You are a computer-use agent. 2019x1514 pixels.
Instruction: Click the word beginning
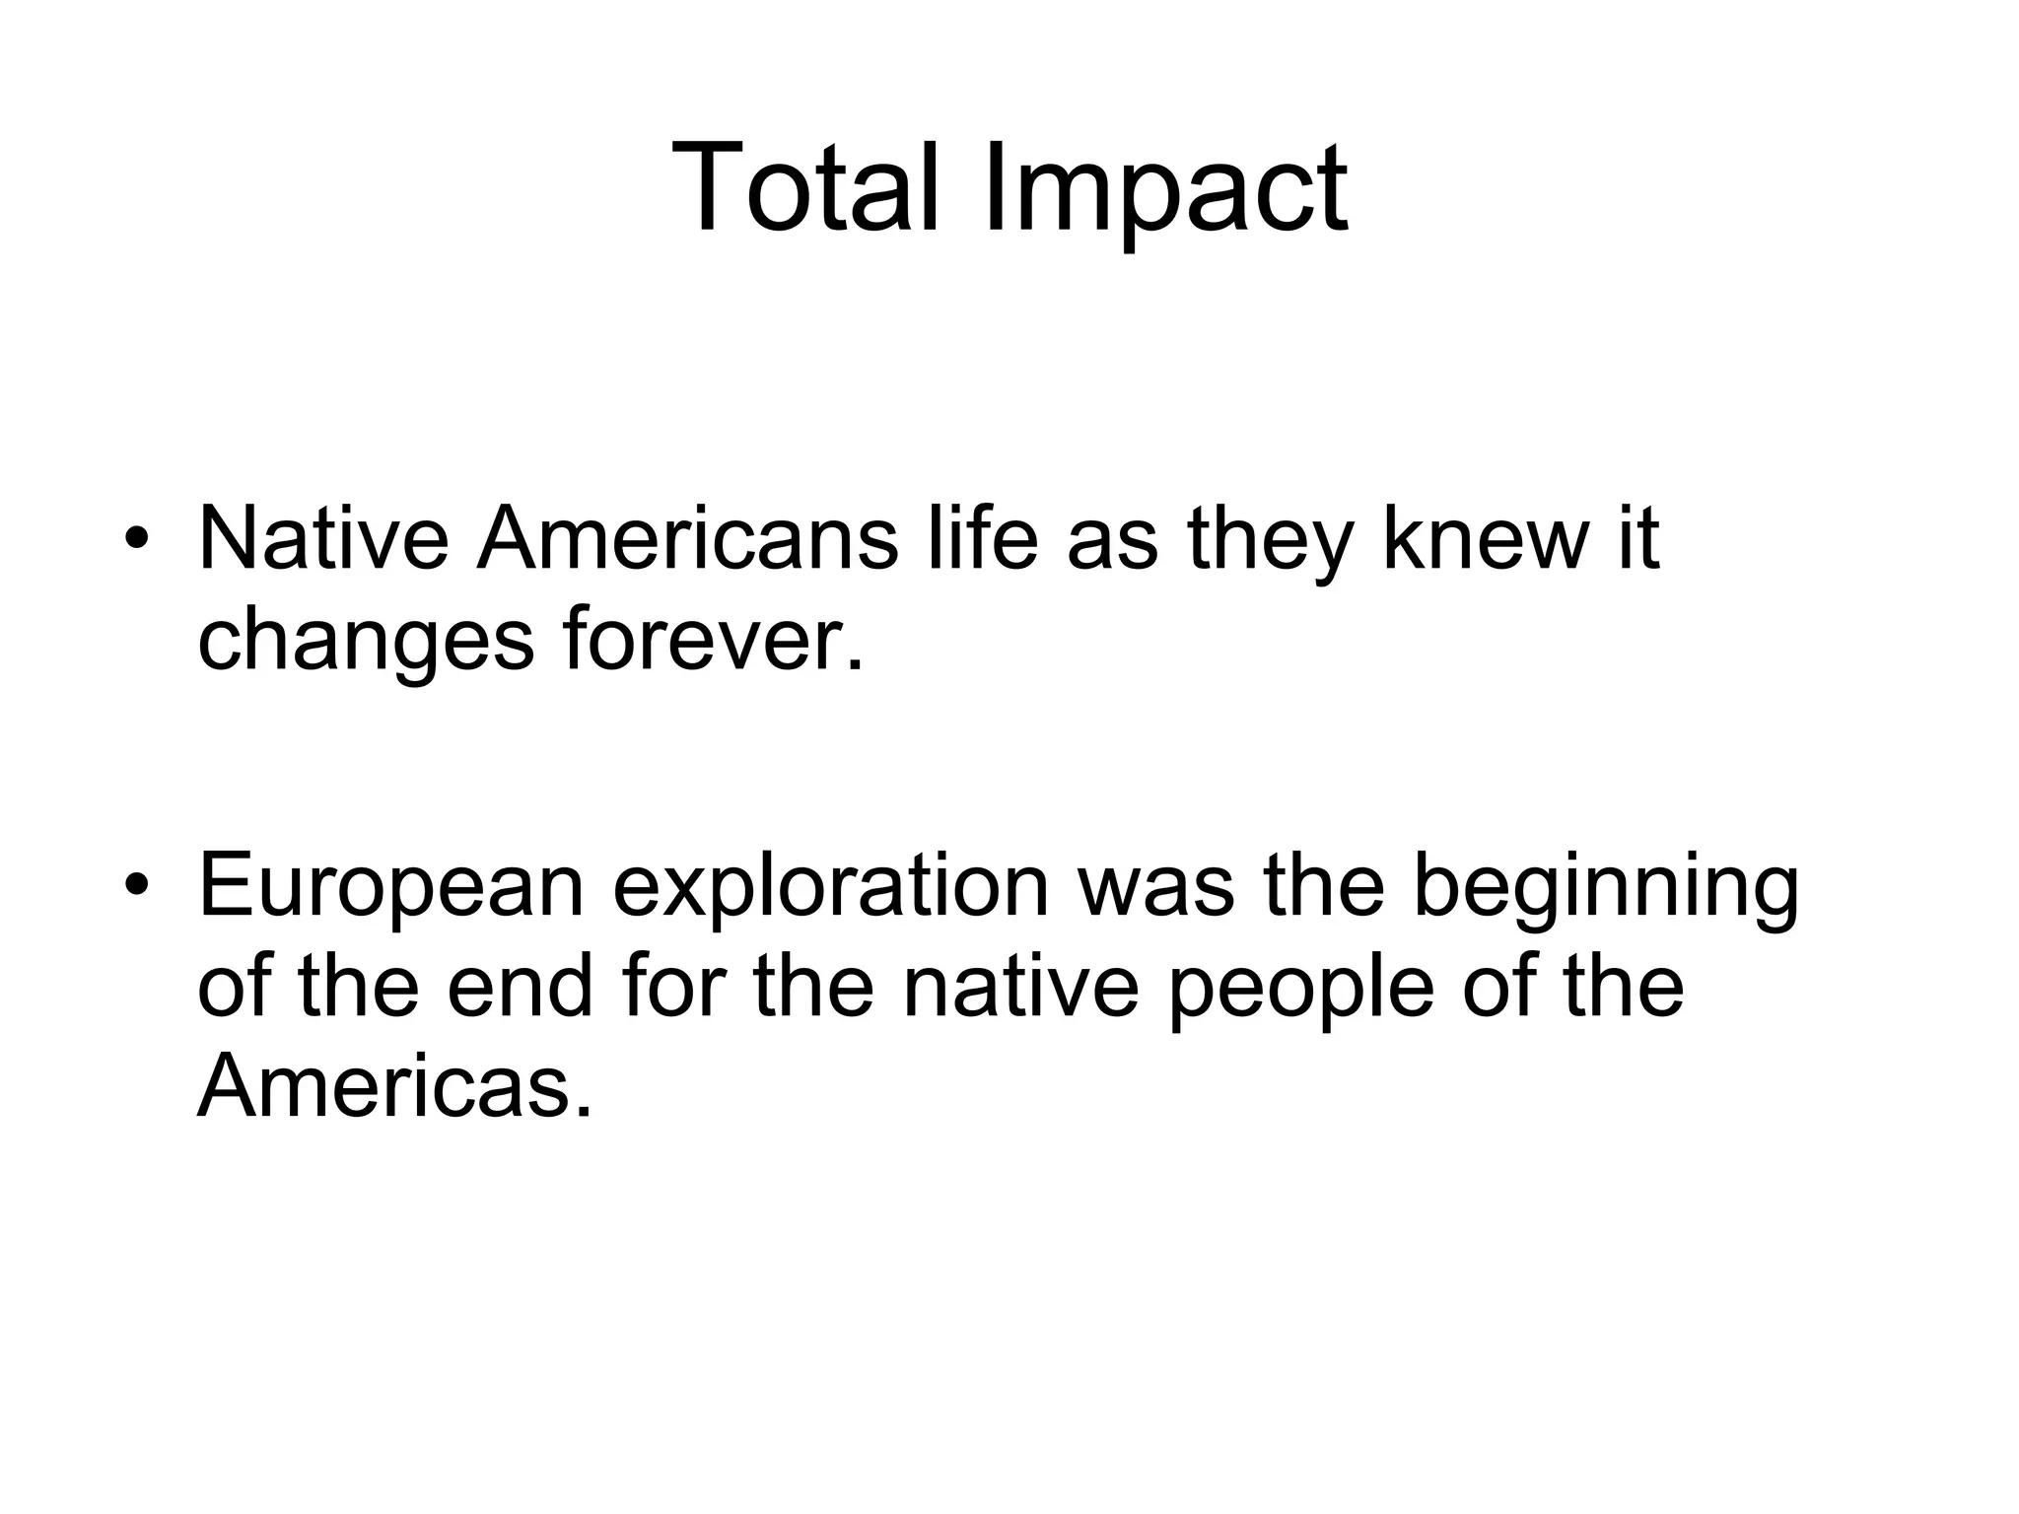(x=1606, y=887)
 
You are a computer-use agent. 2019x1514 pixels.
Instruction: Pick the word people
(x=1301, y=990)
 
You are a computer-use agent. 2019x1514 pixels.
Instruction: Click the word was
(x=1157, y=887)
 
